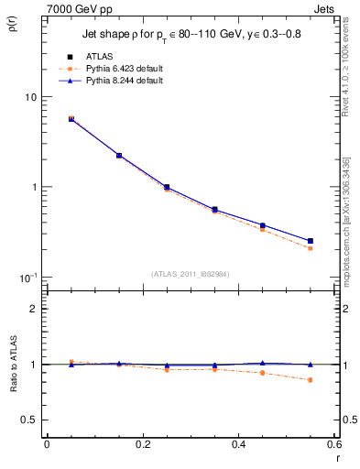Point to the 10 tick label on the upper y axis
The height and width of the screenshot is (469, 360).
30,97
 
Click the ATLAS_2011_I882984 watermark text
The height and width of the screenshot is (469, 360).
190,273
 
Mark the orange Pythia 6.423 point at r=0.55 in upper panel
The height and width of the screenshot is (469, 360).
311,248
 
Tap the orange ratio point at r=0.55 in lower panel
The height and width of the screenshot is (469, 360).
311,380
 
